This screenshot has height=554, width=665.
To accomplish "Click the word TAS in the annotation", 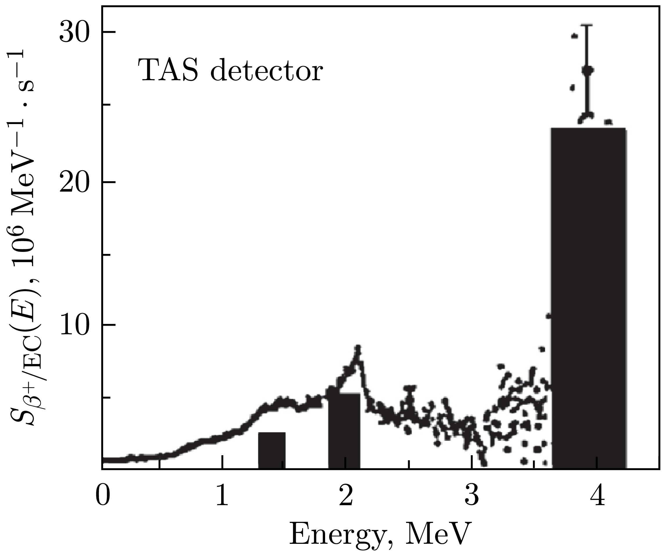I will [x=168, y=70].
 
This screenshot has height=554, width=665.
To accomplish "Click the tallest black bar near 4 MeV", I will [x=589, y=298].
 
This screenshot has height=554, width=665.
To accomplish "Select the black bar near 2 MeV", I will [x=344, y=431].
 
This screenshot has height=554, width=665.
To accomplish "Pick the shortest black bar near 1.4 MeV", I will [x=272, y=450].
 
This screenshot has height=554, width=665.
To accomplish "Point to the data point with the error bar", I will [x=587, y=71].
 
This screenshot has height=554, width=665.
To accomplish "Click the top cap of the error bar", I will [x=587, y=34].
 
